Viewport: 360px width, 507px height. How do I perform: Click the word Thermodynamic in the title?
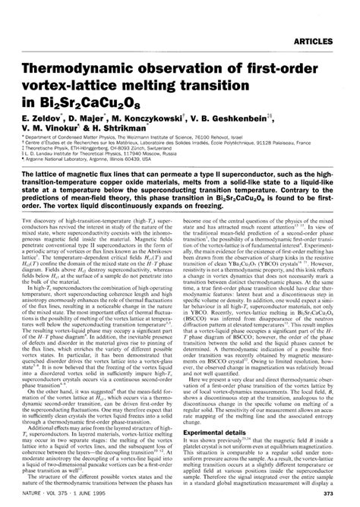click(x=78, y=46)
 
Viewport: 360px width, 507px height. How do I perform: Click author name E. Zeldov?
click(x=43, y=98)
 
